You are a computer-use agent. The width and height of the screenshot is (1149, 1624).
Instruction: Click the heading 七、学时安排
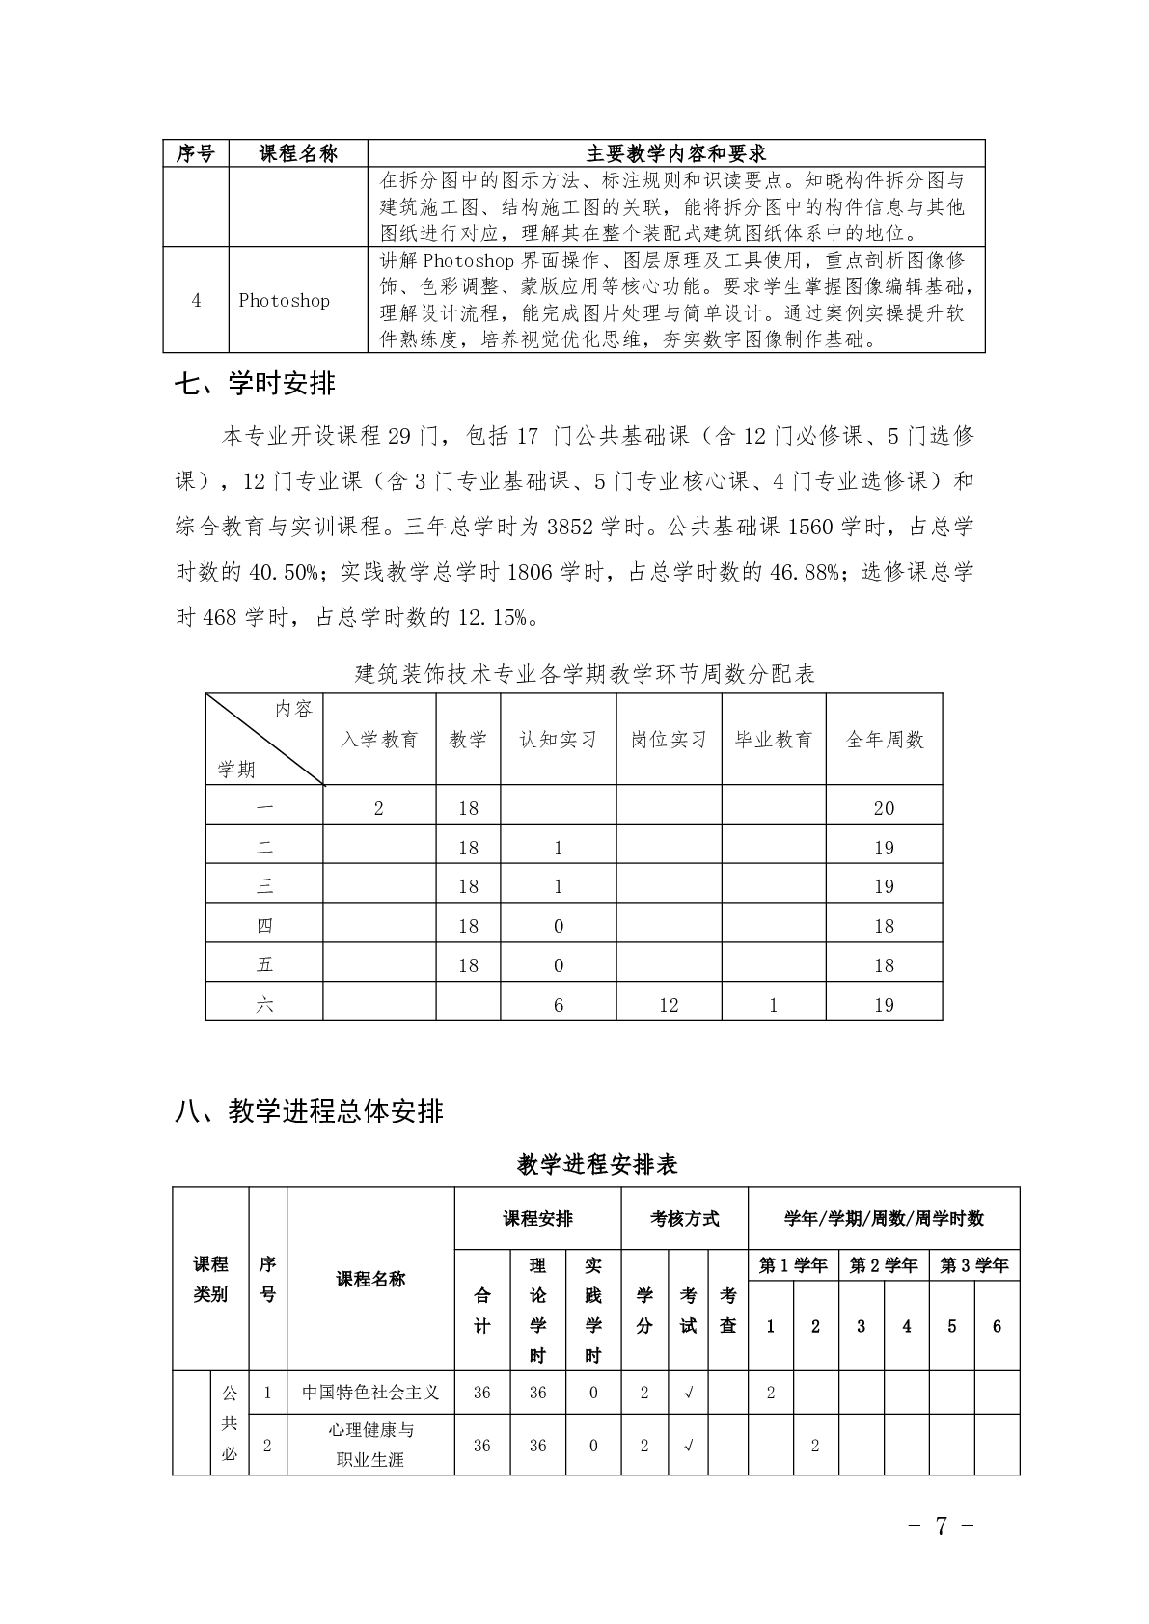coord(255,384)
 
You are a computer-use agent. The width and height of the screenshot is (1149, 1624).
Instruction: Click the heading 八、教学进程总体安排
coord(309,1111)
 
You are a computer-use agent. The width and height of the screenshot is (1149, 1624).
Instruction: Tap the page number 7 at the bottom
coord(941,1526)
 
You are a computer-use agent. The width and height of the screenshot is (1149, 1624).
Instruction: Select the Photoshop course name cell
coord(284,300)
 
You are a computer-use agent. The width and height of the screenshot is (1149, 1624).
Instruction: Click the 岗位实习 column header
coord(669,740)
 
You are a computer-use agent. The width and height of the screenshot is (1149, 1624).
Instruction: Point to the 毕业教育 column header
coord(774,740)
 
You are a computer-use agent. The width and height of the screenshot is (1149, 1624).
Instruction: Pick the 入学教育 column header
coord(379,740)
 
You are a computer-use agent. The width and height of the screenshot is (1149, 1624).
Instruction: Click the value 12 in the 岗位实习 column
coord(669,1005)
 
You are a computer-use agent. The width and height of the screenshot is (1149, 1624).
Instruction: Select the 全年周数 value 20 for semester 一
coord(884,808)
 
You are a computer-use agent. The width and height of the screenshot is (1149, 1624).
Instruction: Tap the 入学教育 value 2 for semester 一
coord(378,808)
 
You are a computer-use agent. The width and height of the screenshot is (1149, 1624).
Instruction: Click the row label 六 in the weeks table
coord(264,1005)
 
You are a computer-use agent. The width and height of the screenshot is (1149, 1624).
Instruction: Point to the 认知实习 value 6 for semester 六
coord(559,1005)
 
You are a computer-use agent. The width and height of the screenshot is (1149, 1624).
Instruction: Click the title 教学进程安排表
coord(597,1165)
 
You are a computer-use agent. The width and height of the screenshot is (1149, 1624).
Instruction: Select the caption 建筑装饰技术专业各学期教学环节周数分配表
coord(586,673)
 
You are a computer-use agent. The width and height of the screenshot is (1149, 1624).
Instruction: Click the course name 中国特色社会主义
coord(370,1393)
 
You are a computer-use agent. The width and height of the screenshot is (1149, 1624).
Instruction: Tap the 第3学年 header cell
coord(974,1265)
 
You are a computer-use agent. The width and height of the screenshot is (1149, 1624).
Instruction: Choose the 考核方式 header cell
coord(685,1219)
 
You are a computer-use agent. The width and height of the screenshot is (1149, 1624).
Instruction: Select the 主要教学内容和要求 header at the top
coord(676,153)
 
